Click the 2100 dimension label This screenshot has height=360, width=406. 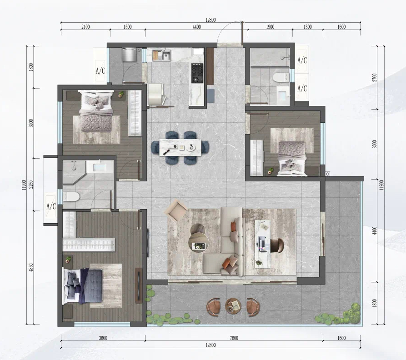click(85, 27)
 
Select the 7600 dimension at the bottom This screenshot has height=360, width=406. click(234, 338)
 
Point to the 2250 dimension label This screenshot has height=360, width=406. click(31, 185)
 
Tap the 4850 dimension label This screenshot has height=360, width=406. click(31, 268)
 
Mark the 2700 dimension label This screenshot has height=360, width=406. click(375, 77)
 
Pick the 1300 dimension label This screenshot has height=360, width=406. click(308, 27)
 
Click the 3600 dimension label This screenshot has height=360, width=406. click(103, 338)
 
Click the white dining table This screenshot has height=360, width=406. click(180, 148)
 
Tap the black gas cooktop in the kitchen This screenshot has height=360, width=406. click(197, 73)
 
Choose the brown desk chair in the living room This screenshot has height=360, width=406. click(277, 245)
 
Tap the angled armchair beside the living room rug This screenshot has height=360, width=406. click(176, 210)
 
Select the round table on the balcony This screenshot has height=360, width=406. click(233, 305)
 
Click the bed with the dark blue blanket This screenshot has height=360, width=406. click(83, 286)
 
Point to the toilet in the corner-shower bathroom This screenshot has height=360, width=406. click(70, 197)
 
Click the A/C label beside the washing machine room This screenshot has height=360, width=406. click(100, 70)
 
